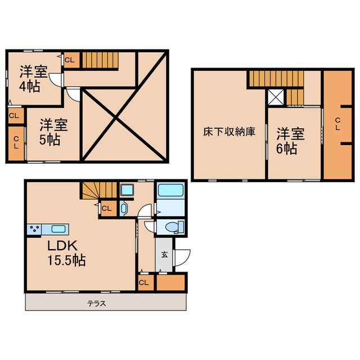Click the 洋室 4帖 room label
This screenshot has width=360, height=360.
[34, 79]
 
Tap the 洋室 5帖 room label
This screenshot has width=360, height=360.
[53, 131]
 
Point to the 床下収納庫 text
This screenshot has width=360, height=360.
[229, 132]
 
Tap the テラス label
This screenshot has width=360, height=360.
[96, 304]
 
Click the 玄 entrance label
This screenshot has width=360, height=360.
[165, 254]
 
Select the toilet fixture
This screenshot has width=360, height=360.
[173, 227]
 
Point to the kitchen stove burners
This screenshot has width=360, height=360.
[34, 229]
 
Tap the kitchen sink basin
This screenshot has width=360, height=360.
[58, 229]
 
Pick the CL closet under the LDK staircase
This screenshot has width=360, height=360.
[107, 208]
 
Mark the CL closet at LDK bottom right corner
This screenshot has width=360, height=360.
[143, 282]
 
